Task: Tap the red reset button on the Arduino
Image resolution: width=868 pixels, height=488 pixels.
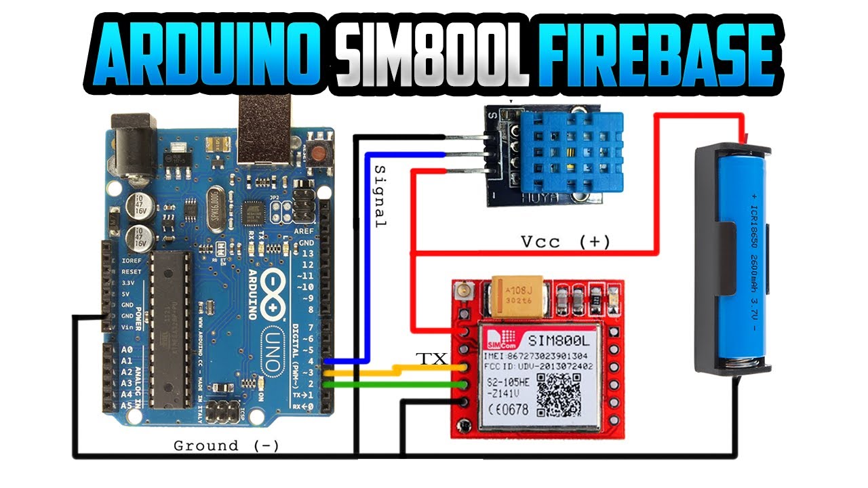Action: [317, 152]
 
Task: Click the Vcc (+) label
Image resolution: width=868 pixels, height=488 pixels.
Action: [566, 241]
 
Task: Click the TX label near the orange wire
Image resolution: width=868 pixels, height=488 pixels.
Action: [431, 359]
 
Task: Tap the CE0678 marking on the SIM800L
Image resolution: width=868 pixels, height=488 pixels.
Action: [507, 409]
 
